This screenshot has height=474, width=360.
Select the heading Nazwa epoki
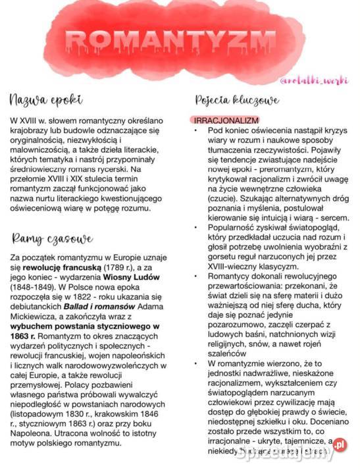[x=46, y=101]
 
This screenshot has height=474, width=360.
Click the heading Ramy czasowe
[x=52, y=238]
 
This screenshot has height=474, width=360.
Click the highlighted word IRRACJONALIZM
[x=226, y=120]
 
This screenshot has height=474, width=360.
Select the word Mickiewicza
[x=34, y=316]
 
